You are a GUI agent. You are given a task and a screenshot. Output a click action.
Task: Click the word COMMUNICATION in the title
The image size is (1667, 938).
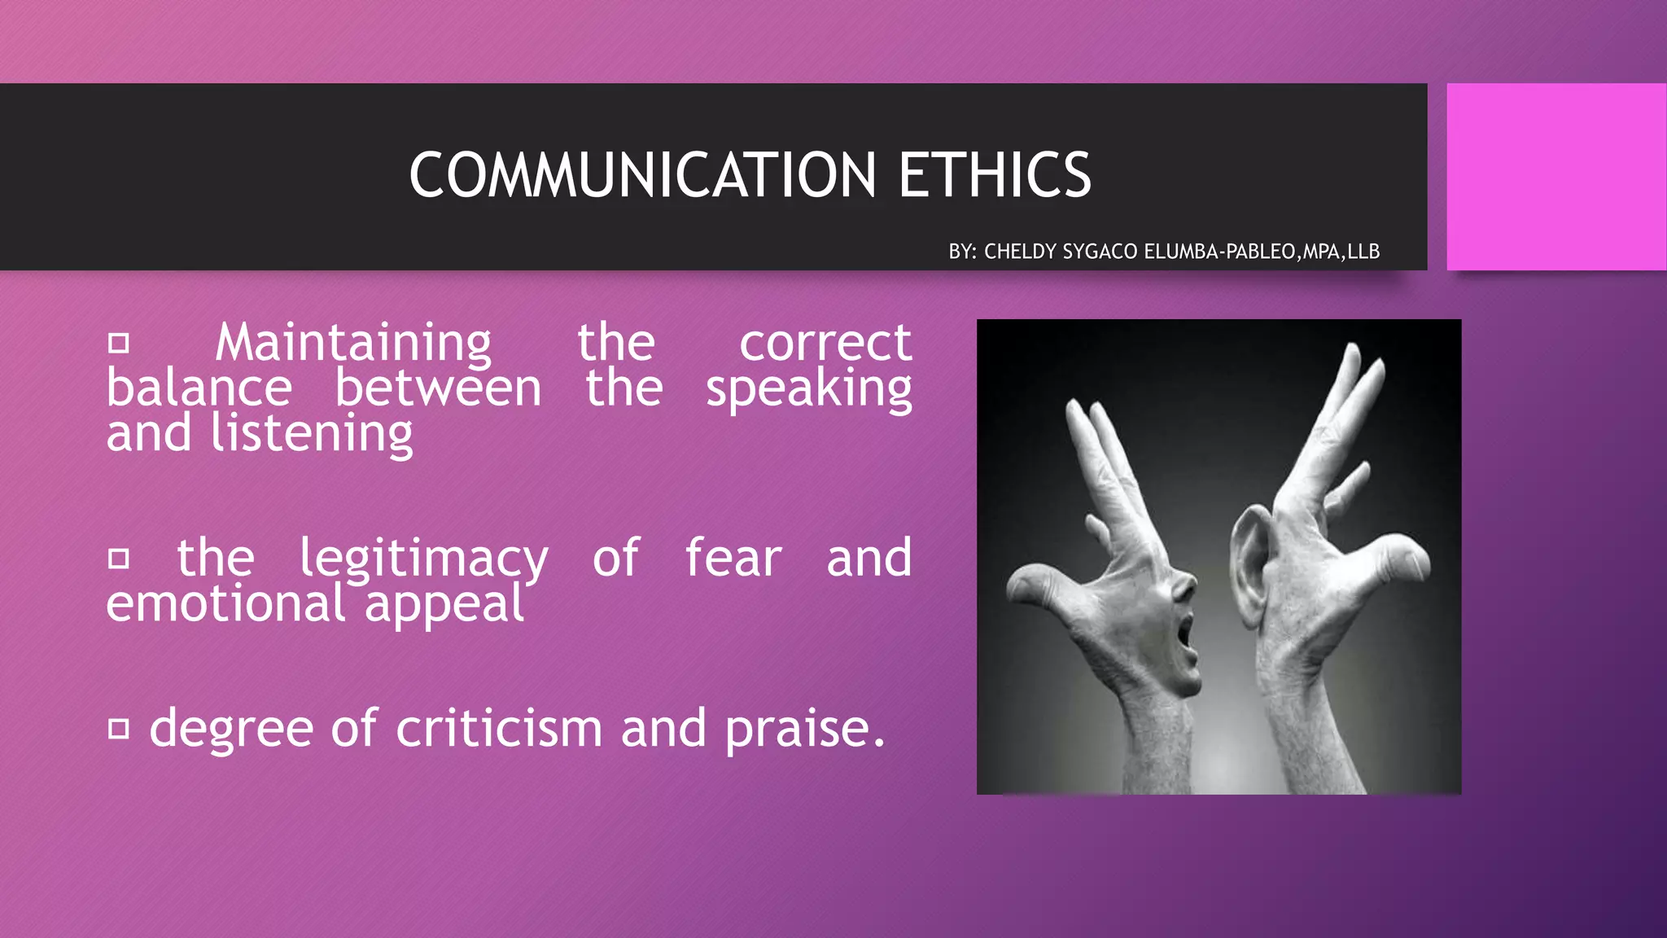642,175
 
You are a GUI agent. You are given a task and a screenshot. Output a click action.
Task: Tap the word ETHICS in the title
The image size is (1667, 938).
994,175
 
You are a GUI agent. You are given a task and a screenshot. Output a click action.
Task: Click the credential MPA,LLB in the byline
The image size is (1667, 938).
1341,252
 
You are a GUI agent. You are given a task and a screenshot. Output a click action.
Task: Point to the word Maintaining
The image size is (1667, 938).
353,344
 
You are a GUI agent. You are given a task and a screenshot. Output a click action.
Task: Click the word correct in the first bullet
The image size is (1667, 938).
825,344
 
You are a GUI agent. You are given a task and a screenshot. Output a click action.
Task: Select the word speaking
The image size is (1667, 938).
808,389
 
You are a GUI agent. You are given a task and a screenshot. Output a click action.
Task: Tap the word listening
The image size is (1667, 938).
312,434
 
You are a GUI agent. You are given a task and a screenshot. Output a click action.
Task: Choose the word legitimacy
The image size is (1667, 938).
423,559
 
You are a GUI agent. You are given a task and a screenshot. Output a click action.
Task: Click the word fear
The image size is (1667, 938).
733,559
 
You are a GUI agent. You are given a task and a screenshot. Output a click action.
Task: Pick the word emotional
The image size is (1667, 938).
225,604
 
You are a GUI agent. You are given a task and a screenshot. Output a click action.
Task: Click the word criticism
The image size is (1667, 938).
498,728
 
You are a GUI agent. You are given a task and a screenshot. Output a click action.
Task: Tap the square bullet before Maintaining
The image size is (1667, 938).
119,344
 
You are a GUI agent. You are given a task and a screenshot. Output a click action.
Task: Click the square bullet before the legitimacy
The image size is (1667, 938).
119,559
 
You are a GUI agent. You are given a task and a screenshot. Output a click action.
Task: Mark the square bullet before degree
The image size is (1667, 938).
119,729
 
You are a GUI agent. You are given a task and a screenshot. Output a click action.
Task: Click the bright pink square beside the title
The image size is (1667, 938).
1555,177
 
